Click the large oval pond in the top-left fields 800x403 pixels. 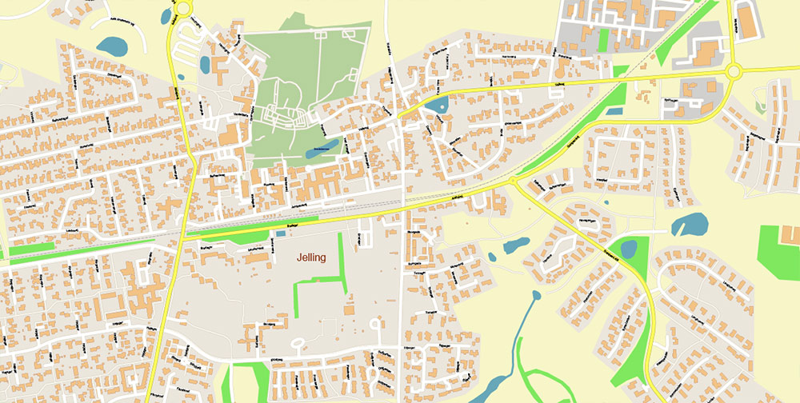point(112,46)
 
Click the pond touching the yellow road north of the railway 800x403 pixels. point(437,104)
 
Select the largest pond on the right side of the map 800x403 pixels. point(690,224)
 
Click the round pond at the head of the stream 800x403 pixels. point(536,295)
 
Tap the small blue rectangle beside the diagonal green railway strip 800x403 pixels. point(614,110)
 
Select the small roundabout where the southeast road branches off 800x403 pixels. point(513,182)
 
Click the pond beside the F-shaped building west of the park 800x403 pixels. point(205,63)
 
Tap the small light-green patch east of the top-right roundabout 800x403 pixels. point(759,106)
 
